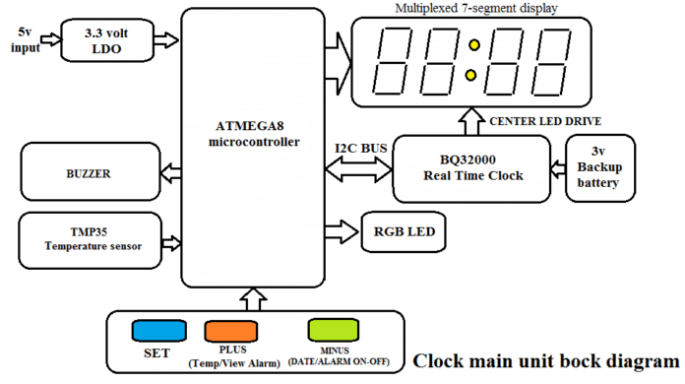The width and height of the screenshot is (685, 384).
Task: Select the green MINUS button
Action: (335, 331)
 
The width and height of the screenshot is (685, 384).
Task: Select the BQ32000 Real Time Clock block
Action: (470, 167)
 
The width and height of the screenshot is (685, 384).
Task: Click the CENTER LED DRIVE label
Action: (545, 121)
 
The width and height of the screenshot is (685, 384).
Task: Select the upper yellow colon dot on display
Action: (472, 45)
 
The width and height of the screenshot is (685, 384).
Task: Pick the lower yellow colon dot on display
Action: (472, 75)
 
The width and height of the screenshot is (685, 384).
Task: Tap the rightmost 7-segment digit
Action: (556, 60)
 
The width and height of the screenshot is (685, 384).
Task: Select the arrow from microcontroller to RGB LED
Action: (343, 232)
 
